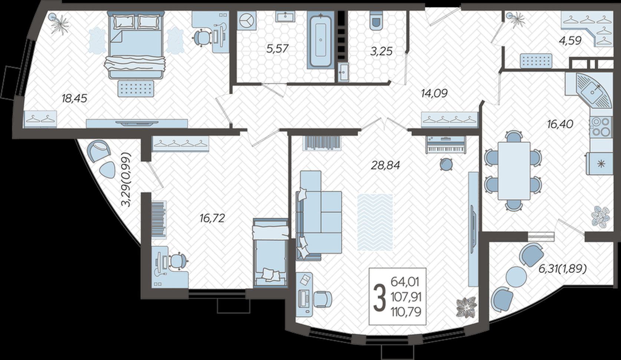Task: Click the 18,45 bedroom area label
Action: [74, 98]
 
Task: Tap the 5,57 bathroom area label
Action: [277, 49]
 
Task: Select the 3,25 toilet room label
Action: [381, 51]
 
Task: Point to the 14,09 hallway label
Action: [434, 93]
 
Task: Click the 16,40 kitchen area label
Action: [560, 124]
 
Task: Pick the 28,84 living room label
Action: [386, 166]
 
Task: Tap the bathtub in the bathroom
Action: [321, 40]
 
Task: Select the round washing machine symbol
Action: [246, 20]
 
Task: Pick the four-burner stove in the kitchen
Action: [601, 128]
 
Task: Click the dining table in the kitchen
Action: [514, 171]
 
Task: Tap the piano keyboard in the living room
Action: [446, 145]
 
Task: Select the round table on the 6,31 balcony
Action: [516, 276]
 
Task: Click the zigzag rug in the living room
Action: [375, 222]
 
